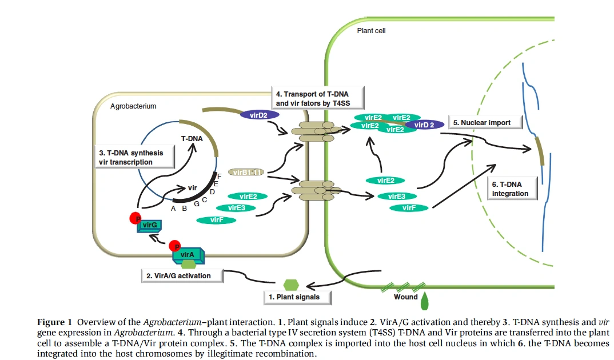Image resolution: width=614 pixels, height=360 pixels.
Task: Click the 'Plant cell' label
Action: [371, 30]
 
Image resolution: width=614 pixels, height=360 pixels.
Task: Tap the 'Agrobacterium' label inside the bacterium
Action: [133, 106]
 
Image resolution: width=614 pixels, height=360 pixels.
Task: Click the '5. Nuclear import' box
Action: [482, 122]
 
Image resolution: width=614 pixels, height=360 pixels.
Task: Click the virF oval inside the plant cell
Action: [409, 208]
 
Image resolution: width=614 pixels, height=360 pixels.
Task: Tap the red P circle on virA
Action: [177, 246]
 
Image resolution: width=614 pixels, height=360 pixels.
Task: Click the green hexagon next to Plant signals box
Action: [291, 284]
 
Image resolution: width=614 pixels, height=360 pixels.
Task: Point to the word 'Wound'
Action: [405, 297]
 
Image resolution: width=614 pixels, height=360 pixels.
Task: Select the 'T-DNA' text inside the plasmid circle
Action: [192, 139]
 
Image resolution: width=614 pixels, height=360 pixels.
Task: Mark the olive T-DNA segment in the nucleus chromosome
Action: [539, 149]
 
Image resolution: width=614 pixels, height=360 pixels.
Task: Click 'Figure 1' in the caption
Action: [55, 323]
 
